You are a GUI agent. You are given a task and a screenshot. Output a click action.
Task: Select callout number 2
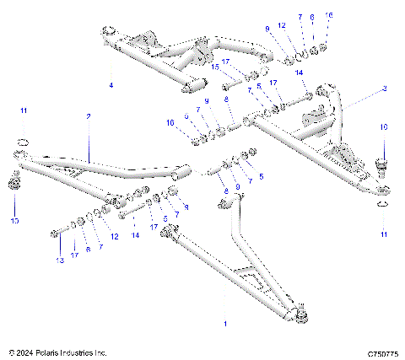coord(88,117)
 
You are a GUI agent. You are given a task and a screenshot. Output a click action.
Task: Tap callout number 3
coord(384,88)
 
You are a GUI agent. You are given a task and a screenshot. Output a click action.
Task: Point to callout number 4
coord(111,85)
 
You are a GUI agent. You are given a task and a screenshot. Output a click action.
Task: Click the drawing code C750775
coord(382,352)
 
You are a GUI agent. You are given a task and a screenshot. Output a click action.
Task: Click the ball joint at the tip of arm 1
coord(303,316)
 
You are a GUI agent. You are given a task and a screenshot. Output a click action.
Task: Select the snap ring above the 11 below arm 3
coord(381,202)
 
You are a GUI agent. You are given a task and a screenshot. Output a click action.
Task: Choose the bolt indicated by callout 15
coord(229,85)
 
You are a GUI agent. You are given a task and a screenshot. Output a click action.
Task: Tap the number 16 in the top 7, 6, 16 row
coord(329,16)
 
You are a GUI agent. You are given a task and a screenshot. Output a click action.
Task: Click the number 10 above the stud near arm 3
coord(382,126)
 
